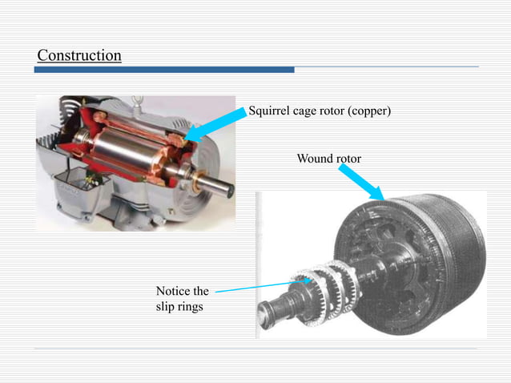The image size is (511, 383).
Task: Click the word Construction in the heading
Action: click(79, 55)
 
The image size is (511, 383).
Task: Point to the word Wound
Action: click(314, 159)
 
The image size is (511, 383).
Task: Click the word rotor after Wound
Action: click(348, 159)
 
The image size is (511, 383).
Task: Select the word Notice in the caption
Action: click(174, 291)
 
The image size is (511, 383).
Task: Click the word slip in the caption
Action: click(165, 306)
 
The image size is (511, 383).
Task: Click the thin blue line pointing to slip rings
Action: click(252, 286)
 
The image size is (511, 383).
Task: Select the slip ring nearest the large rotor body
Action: click(336, 284)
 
